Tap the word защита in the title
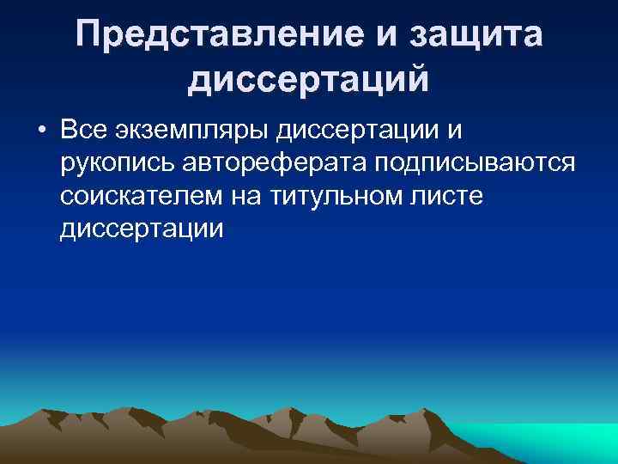pos(476,35)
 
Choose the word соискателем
pos(139,196)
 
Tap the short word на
pos(247,196)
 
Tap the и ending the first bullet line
pos(453,131)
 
